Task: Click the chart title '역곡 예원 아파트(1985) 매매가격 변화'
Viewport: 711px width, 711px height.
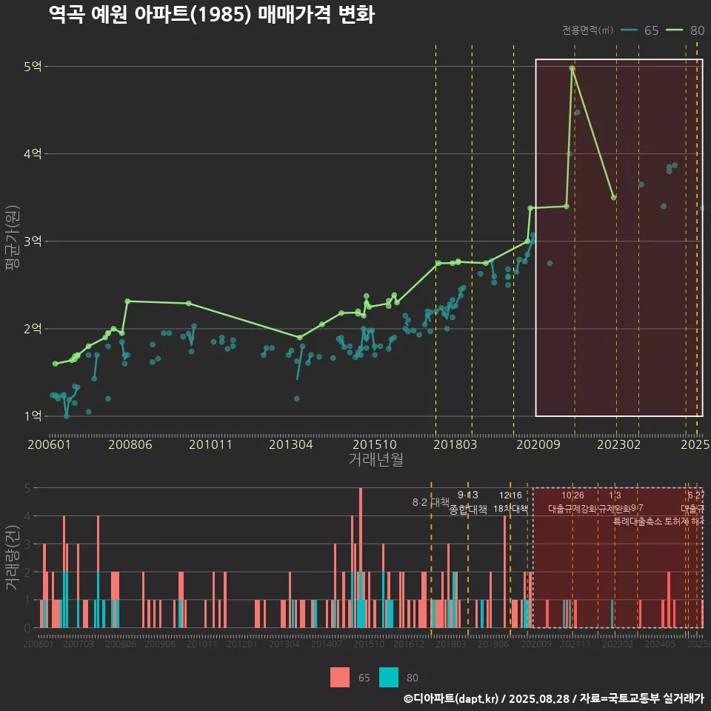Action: [x=211, y=15]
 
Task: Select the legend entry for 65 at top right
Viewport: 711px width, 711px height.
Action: [x=641, y=30]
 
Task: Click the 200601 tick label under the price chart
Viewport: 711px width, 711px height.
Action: [x=49, y=444]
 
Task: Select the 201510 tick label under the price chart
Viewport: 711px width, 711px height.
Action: [x=370, y=444]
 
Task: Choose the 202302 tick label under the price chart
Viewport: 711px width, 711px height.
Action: [x=618, y=444]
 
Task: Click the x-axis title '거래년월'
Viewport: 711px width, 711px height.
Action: [x=375, y=459]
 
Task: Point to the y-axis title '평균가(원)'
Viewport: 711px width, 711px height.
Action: [x=12, y=241]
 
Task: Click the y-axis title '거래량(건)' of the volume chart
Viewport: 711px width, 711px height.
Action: [x=12, y=557]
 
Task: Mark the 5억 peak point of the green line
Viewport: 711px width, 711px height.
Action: [x=572, y=68]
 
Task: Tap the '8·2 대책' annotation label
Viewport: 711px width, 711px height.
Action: [x=431, y=502]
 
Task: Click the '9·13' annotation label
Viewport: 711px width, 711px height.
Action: [x=468, y=495]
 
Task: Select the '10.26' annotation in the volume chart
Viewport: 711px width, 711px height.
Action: [x=573, y=495]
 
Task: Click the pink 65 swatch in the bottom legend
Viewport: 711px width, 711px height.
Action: [x=340, y=677]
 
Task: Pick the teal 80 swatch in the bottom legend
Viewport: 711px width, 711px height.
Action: [x=389, y=677]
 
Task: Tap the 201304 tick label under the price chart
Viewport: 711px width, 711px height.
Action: [x=290, y=444]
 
